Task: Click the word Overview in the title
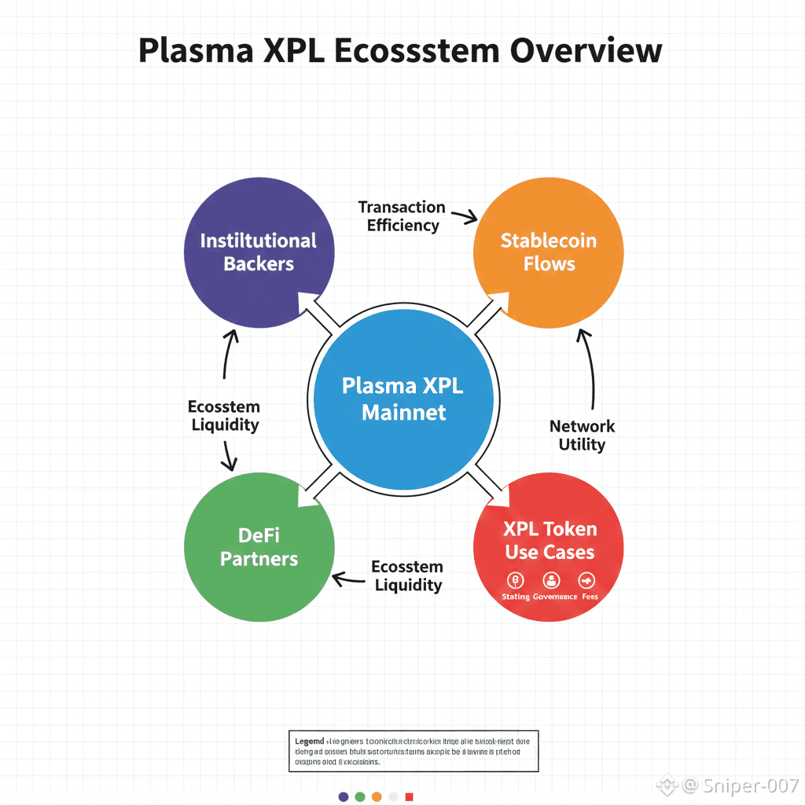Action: click(586, 50)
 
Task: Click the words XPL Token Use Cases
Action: click(550, 540)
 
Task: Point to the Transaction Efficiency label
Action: click(402, 216)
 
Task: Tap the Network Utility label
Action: click(582, 436)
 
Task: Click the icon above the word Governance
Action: click(551, 581)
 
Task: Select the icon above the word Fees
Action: click(586, 581)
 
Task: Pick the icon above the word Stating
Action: click(516, 581)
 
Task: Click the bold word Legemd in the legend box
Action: click(309, 741)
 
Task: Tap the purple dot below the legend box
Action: click(344, 796)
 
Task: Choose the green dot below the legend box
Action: click(360, 796)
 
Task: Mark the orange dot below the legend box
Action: click(377, 796)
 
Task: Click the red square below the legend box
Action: click(409, 796)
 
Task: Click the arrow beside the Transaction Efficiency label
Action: click(465, 215)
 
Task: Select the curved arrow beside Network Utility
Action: click(588, 369)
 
